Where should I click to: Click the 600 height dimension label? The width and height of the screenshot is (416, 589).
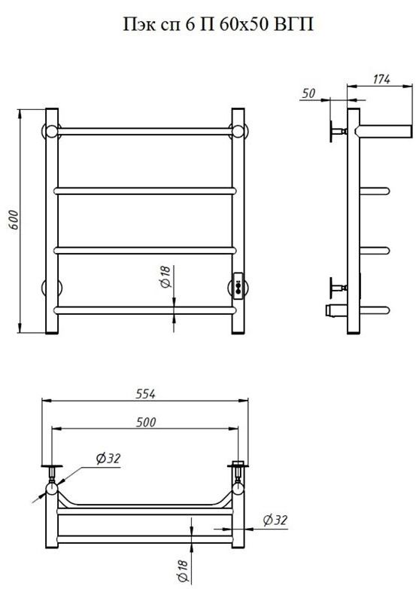pos(13,220)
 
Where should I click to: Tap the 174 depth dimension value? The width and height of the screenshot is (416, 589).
pos(381,79)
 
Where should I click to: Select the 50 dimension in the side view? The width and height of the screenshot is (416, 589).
pos(308,93)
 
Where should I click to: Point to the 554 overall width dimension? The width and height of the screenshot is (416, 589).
pos(145,394)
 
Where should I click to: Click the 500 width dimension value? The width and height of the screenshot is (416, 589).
pos(145,422)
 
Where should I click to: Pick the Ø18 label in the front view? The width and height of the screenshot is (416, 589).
pos(165,276)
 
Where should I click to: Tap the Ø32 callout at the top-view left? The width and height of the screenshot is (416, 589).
pos(108,458)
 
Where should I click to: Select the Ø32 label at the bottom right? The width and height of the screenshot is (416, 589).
pos(275,520)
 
